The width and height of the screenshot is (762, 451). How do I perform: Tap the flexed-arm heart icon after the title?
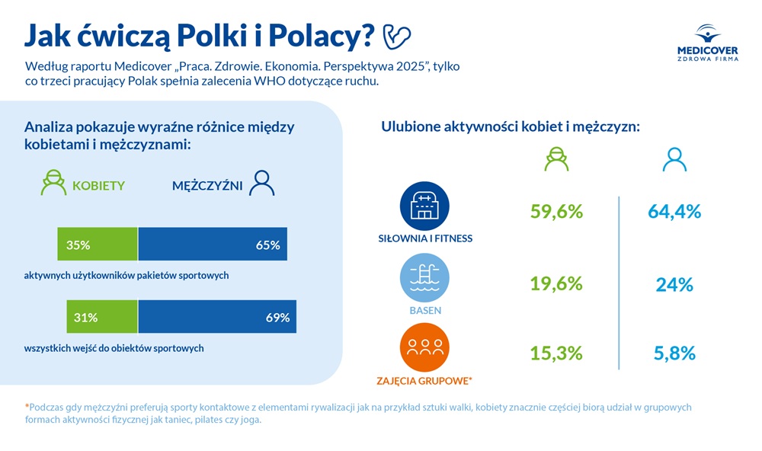(x=395, y=34)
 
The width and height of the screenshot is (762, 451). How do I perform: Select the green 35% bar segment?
(x=98, y=245)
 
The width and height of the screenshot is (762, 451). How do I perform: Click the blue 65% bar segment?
(x=213, y=245)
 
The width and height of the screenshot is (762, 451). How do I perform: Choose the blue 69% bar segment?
(x=217, y=317)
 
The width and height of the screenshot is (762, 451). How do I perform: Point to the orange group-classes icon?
(x=424, y=347)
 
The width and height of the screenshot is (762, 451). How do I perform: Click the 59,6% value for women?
(x=556, y=212)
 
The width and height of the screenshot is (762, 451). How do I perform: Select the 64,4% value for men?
(x=674, y=212)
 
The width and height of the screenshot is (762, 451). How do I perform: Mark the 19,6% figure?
(x=556, y=283)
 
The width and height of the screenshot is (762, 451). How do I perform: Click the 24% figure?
(x=674, y=284)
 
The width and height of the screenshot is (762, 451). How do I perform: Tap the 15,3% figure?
(x=556, y=353)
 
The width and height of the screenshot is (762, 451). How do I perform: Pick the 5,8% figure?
(x=674, y=353)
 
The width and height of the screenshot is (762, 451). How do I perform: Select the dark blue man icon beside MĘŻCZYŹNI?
(x=262, y=183)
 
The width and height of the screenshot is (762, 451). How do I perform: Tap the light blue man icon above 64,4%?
(x=674, y=158)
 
